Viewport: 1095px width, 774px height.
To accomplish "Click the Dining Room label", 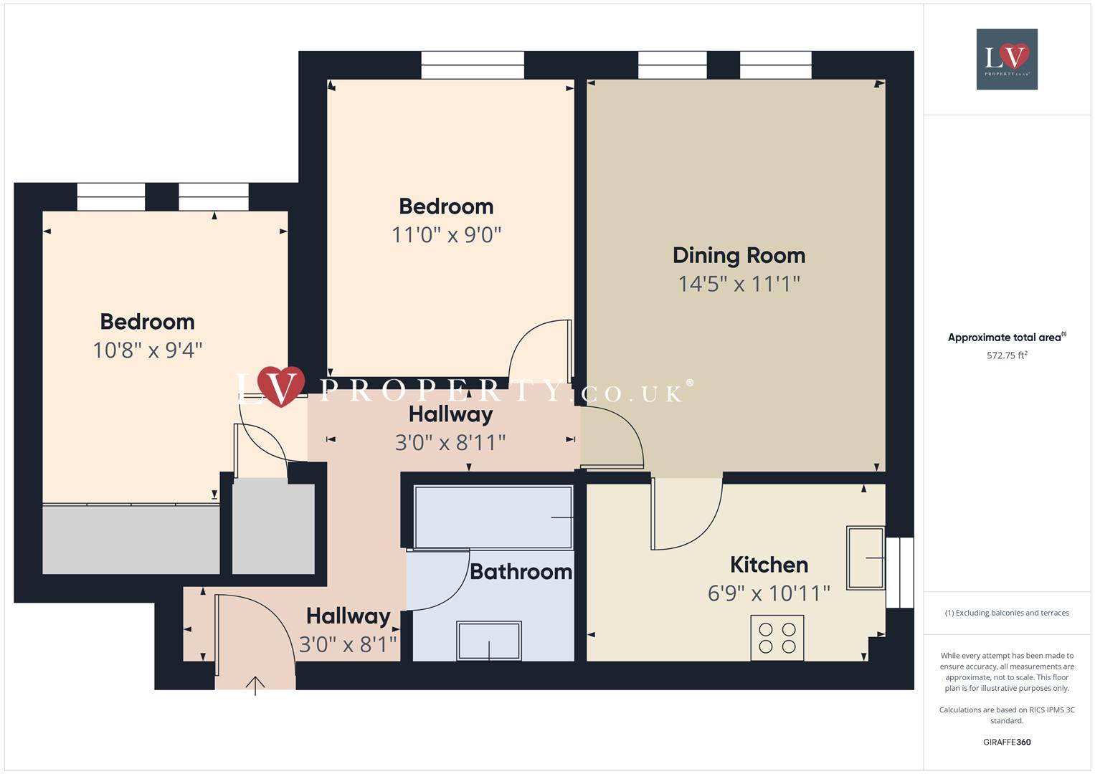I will pos(739,256).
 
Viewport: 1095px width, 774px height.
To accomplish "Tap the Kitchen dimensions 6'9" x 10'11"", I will pos(768,593).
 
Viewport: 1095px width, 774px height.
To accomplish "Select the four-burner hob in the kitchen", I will pos(777,638).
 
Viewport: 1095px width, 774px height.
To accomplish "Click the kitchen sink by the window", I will pos(866,558).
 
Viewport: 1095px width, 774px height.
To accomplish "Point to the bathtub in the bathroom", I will pos(493,517).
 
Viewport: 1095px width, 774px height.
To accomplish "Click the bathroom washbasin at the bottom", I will pos(489,640).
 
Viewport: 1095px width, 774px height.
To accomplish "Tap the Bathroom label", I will pos(521,572).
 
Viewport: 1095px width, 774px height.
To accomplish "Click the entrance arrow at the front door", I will pos(255,685).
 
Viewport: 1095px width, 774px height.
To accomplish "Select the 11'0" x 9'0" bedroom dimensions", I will pos(446,235).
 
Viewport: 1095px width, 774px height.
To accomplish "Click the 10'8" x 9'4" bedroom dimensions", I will pos(148,350).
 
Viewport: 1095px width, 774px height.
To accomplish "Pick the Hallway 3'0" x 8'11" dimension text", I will pos(450,443).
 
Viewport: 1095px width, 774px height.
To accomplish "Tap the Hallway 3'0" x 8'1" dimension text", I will pos(348,645).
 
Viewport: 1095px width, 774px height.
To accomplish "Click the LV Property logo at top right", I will pos(1007,59).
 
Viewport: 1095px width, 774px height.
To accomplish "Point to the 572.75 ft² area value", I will pos(1007,355).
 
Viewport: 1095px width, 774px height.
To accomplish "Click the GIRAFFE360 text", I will pos(1007,742).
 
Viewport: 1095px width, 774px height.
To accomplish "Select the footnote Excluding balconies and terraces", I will pos(1007,613).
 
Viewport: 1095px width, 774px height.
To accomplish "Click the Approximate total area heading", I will pos(1006,338).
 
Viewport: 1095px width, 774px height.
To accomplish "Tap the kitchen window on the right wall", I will pos(900,573).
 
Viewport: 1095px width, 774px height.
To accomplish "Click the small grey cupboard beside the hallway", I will pos(273,528).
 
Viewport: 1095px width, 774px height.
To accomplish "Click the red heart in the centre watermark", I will pos(281,386).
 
